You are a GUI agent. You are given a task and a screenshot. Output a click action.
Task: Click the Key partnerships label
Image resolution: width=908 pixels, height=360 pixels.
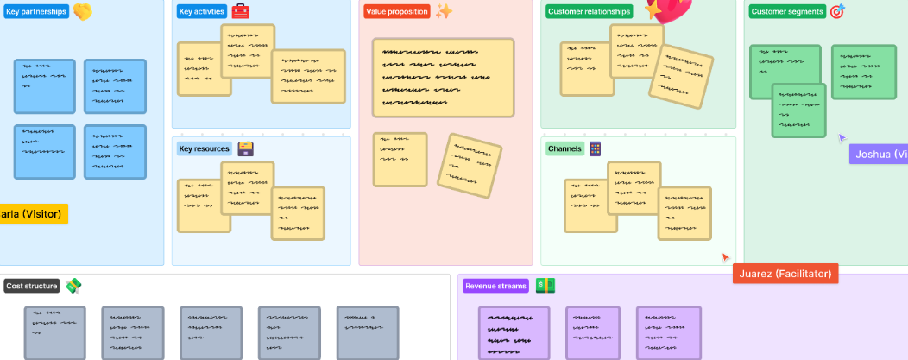pyautogui.click(x=36, y=12)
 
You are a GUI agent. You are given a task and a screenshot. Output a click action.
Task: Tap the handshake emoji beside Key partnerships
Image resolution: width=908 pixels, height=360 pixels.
pyautogui.click(x=82, y=12)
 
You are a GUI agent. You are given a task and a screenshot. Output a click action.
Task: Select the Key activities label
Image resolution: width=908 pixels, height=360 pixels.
pyautogui.click(x=202, y=12)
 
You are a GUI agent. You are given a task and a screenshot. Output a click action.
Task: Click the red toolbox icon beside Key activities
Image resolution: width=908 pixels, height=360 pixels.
pyautogui.click(x=241, y=12)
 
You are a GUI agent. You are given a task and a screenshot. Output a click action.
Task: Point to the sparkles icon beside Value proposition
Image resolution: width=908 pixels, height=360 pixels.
pyautogui.click(x=444, y=11)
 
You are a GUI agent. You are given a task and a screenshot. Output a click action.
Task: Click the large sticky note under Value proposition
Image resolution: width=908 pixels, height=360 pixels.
pyautogui.click(x=443, y=77)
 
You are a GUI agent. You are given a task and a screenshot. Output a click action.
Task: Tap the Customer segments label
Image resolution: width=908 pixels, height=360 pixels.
pyautogui.click(x=785, y=12)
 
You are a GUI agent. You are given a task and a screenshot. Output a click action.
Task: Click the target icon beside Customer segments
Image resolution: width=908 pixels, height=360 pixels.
pyautogui.click(x=836, y=12)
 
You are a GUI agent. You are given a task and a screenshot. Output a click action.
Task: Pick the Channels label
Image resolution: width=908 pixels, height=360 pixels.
pyautogui.click(x=564, y=148)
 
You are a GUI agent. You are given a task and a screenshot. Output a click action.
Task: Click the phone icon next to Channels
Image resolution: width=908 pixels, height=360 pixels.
pyautogui.click(x=595, y=148)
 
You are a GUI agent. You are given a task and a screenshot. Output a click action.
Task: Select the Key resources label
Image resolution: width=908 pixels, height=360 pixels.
pyautogui.click(x=204, y=148)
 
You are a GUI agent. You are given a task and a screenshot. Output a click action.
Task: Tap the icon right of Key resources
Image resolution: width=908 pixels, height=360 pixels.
pyautogui.click(x=246, y=148)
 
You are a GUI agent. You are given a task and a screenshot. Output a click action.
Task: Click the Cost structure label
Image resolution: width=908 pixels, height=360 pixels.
pyautogui.click(x=32, y=286)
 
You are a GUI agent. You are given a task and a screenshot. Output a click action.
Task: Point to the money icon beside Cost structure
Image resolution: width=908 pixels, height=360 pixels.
pyautogui.click(x=73, y=286)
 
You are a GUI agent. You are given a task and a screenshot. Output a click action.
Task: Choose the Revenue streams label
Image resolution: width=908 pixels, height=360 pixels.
pyautogui.click(x=496, y=286)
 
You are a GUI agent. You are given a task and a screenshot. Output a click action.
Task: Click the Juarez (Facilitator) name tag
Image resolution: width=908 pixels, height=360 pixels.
pyautogui.click(x=785, y=274)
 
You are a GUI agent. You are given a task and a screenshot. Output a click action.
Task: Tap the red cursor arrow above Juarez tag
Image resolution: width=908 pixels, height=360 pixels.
pyautogui.click(x=726, y=256)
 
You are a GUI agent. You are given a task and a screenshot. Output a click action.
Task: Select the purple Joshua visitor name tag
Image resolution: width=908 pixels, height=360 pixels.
pyautogui.click(x=879, y=155)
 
